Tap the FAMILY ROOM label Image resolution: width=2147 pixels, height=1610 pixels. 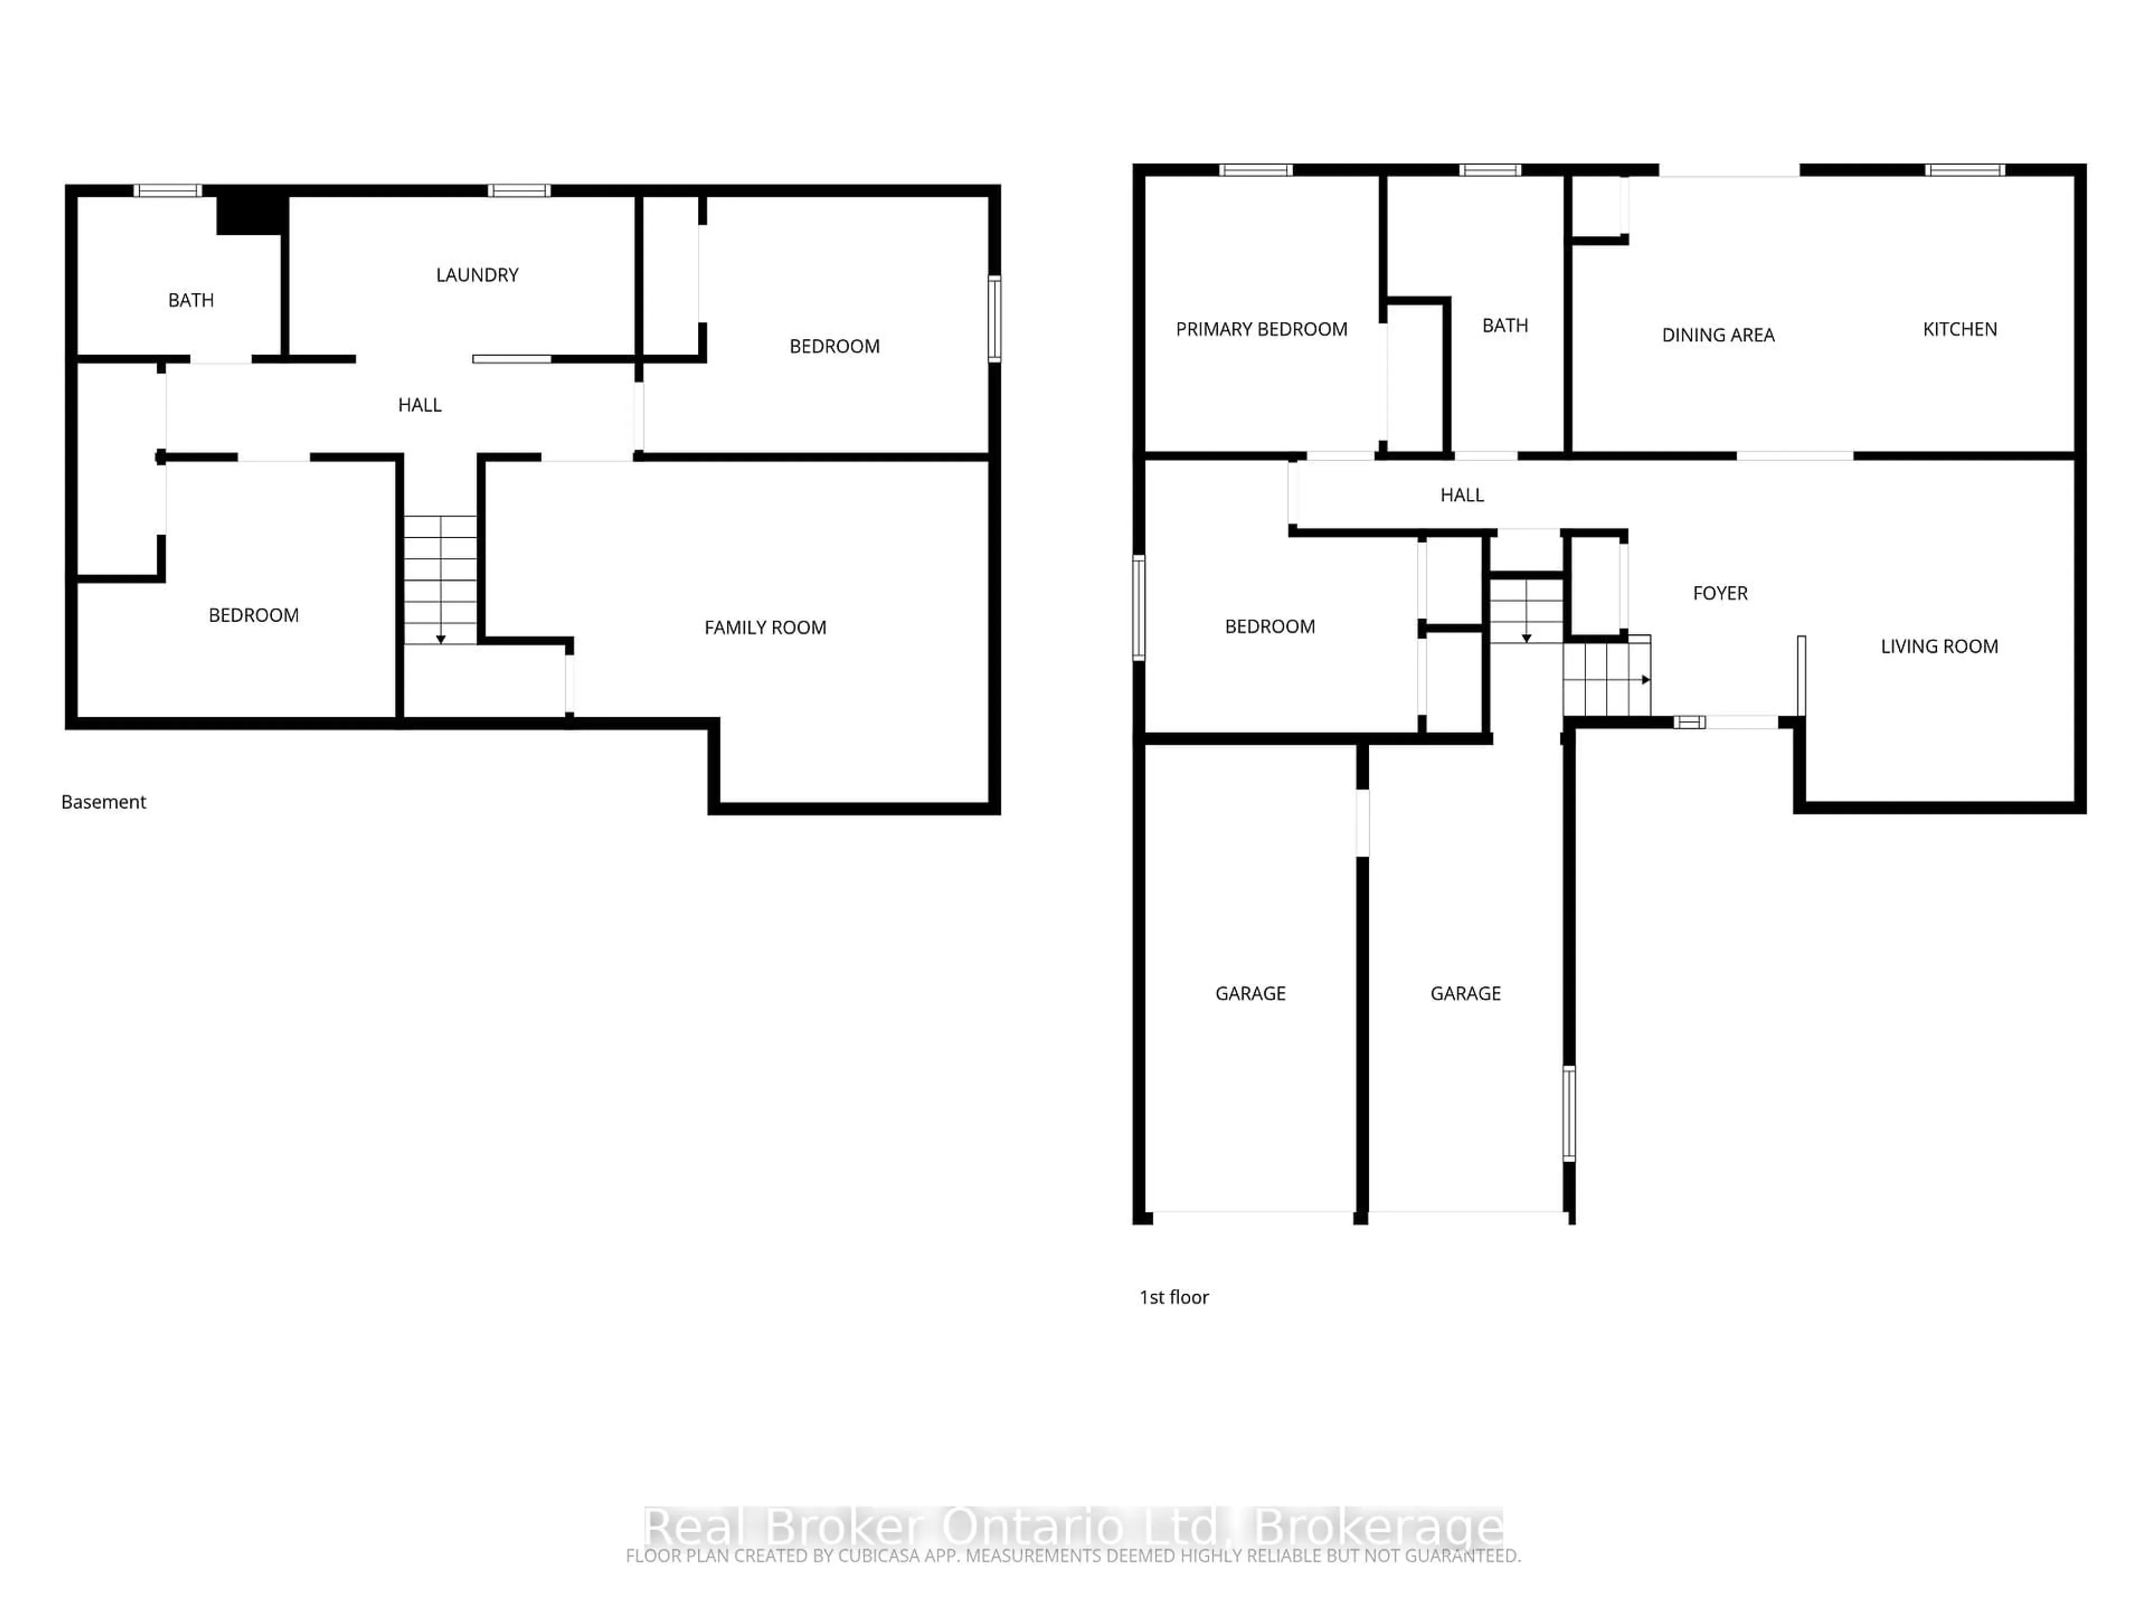point(765,628)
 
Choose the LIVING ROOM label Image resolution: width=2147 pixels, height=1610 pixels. point(1938,646)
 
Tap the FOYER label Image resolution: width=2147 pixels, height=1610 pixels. point(1719,593)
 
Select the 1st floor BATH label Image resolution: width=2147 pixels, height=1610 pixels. point(1505,326)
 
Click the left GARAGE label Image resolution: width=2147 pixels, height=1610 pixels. point(1250,994)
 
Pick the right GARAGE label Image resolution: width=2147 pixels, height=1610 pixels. point(1465,994)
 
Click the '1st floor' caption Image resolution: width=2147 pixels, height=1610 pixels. point(1174,1298)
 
